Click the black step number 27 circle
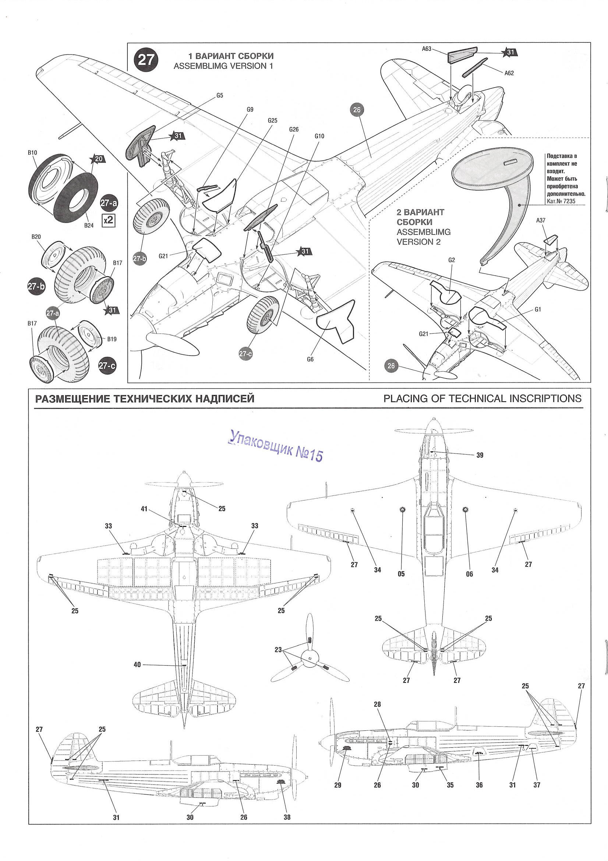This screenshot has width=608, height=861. click(146, 60)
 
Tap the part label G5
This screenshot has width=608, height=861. click(220, 96)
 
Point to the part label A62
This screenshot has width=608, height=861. click(509, 73)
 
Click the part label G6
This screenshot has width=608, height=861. click(310, 359)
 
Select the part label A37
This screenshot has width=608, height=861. click(541, 220)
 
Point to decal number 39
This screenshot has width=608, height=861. click(480, 455)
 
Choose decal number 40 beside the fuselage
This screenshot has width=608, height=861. click(137, 664)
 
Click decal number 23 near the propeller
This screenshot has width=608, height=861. click(278, 650)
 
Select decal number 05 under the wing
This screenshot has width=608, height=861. click(401, 574)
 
